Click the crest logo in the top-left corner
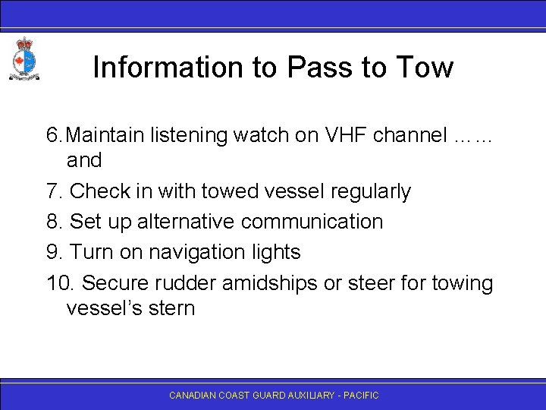point(24,58)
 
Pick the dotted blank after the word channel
point(472,137)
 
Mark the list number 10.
point(60,282)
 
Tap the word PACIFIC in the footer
point(361,396)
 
